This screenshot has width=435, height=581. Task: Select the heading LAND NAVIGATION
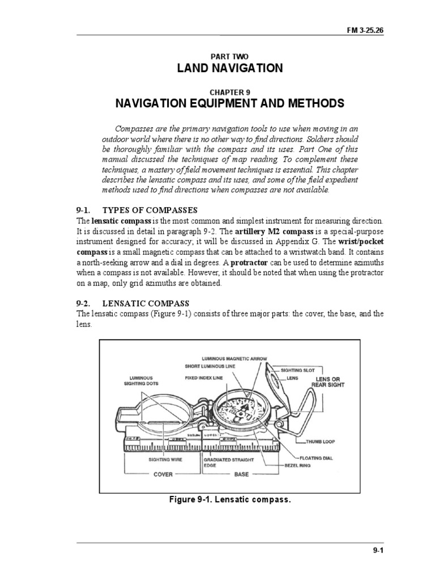tap(229, 69)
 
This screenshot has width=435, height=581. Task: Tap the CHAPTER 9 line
tap(229, 92)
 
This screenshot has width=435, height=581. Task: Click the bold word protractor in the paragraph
tap(252, 263)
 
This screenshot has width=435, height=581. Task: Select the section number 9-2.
tap(86, 304)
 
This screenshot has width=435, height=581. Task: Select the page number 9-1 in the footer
tap(377, 550)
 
